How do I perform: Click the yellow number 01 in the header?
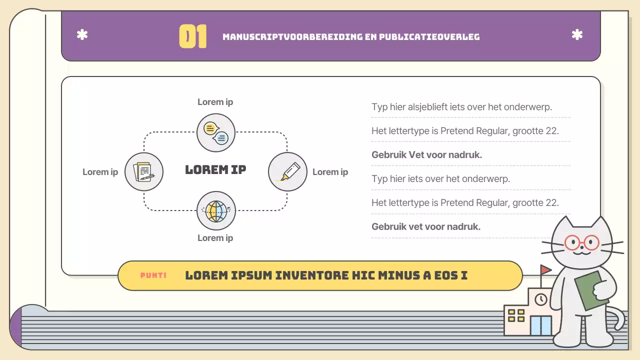point(192,36)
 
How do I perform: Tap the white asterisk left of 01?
point(82,35)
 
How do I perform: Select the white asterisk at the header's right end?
point(577,35)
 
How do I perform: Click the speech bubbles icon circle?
point(216,132)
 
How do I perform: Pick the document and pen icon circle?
point(144,171)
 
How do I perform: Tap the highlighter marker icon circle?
point(287,171)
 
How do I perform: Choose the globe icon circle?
point(216,210)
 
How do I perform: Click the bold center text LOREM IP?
point(215,169)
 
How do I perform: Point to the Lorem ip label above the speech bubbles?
point(215,102)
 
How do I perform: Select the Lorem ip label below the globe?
point(215,238)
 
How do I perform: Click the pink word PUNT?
point(153,275)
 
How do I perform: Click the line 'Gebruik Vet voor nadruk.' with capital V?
point(426,154)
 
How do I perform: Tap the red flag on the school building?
point(545,270)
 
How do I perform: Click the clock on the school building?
point(540,299)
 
